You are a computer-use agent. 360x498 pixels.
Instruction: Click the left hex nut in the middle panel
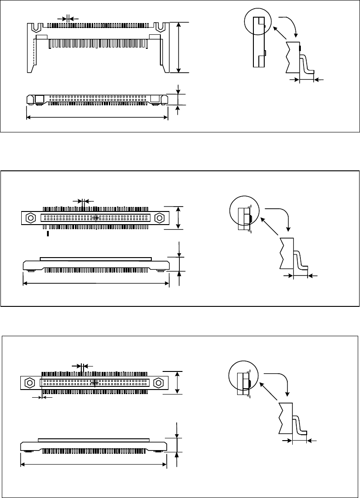click(31, 217)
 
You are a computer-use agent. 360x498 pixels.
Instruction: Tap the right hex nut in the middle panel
click(159, 217)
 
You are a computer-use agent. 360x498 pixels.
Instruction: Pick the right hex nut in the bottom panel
click(158, 383)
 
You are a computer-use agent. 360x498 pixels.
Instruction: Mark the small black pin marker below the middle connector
click(48, 234)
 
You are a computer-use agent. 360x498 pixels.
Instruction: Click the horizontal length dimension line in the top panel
click(97, 117)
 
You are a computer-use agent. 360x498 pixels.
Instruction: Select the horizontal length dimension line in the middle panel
click(96, 283)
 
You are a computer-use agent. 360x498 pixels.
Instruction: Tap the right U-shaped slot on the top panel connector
click(160, 27)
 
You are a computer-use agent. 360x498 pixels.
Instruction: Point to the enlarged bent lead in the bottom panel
click(300, 424)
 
